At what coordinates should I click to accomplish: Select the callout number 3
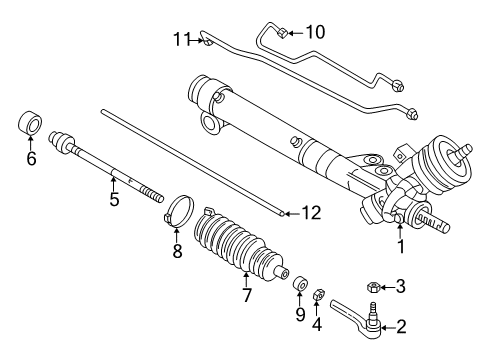pyautogui.click(x=401, y=287)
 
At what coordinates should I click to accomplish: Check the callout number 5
pyautogui.click(x=114, y=200)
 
